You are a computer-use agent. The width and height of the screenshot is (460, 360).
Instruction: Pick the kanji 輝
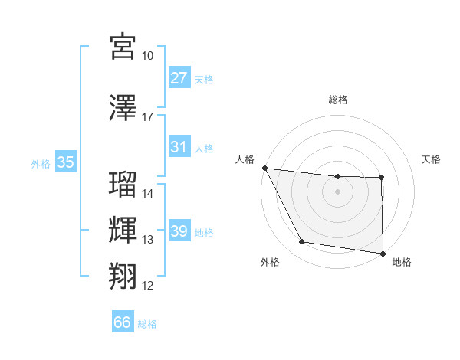(123, 230)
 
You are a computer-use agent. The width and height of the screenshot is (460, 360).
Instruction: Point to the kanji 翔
(123, 276)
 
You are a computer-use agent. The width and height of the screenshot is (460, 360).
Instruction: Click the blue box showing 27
(179, 78)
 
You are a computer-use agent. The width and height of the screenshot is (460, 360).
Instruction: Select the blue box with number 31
(179, 147)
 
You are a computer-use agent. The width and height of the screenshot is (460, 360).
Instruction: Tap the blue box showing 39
(179, 231)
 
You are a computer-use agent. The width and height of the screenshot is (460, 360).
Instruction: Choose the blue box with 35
(66, 162)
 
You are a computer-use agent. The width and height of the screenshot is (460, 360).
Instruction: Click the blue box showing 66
(123, 322)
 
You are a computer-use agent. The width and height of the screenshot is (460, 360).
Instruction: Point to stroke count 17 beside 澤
(148, 117)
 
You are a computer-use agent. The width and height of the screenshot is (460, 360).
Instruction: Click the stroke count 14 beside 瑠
(148, 194)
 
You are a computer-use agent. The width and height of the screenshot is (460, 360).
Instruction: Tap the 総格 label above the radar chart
(338, 100)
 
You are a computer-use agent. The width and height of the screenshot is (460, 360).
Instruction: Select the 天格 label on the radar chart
(432, 159)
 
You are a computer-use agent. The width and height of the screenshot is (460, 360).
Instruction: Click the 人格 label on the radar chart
(245, 159)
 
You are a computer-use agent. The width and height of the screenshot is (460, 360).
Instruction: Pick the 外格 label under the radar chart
(270, 262)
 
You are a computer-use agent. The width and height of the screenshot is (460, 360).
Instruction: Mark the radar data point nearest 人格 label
(264, 168)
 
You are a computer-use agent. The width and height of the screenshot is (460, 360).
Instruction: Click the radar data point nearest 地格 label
(383, 253)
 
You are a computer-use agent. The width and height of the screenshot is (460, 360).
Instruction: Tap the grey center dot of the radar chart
(338, 191)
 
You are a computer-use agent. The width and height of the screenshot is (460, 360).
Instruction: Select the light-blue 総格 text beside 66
(147, 323)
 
